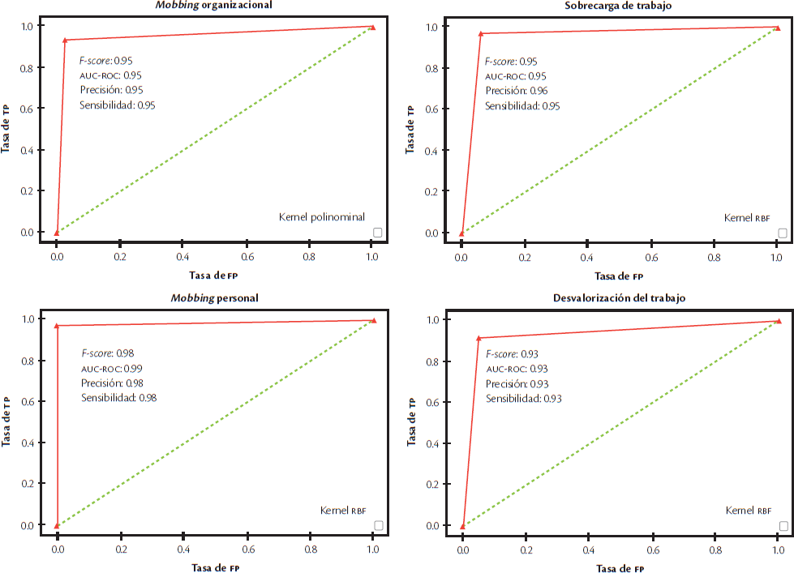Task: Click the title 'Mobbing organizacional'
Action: (x=214, y=5)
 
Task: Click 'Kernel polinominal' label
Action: (x=322, y=217)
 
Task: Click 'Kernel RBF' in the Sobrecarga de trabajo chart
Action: (x=747, y=218)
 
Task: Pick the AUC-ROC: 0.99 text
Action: (x=111, y=368)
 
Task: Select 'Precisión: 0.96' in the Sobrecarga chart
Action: (x=516, y=91)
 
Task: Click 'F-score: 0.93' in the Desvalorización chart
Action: (x=513, y=354)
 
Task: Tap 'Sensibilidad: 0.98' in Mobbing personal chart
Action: (x=118, y=397)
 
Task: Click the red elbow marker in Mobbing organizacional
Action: (x=65, y=40)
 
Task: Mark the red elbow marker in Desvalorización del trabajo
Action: (x=479, y=337)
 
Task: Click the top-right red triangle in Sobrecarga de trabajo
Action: (x=777, y=28)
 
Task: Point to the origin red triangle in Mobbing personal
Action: (x=57, y=525)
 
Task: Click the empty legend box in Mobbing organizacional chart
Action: (x=378, y=233)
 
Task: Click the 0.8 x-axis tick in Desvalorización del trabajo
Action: (x=715, y=549)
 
